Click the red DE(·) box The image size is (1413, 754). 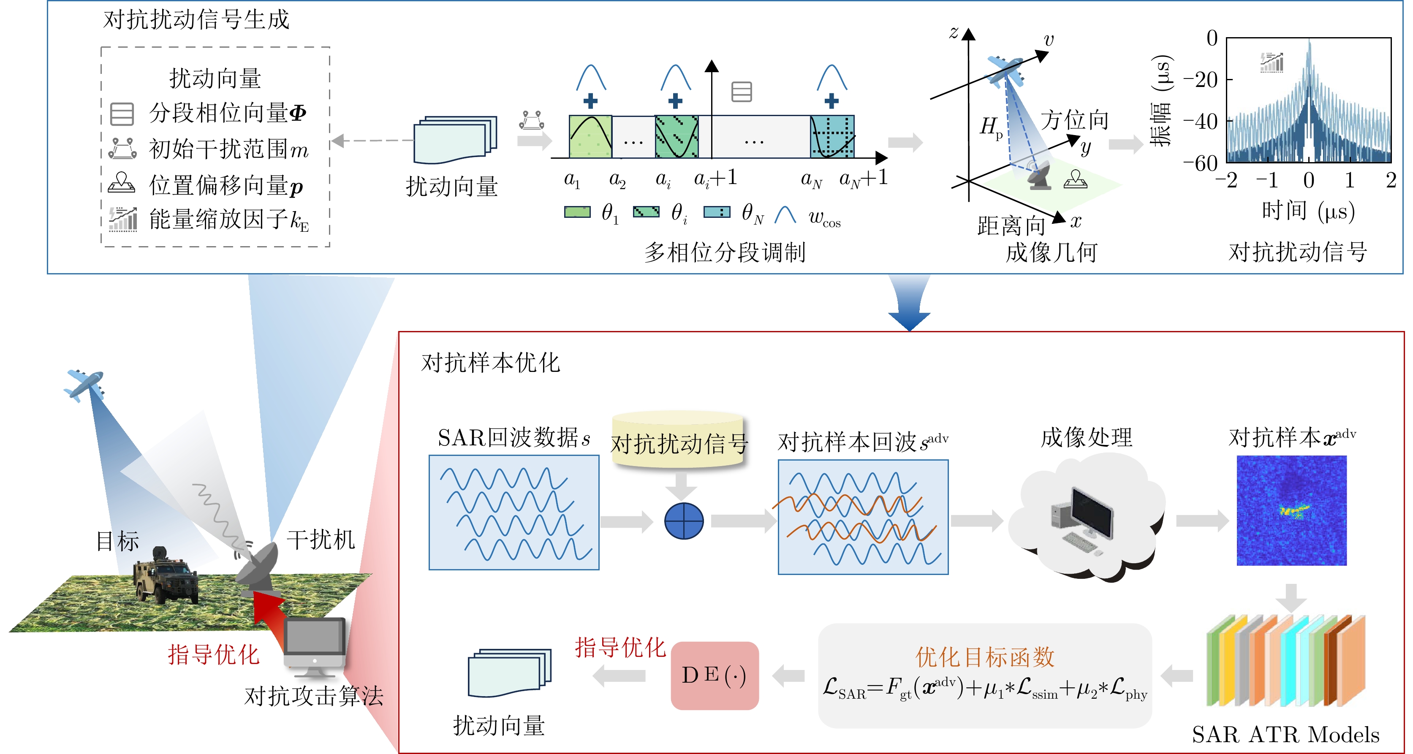[714, 675]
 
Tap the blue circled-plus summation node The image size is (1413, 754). [683, 521]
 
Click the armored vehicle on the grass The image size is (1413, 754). [165, 575]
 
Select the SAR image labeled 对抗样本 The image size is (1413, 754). [1291, 510]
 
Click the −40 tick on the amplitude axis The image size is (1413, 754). [1201, 121]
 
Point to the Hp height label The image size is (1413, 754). [991, 127]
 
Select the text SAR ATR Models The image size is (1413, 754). [1285, 735]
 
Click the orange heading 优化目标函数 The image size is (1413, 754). [985, 656]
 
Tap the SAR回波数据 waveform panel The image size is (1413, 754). [514, 513]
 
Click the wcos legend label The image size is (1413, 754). [824, 218]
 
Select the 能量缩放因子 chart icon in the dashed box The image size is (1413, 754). [122, 220]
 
